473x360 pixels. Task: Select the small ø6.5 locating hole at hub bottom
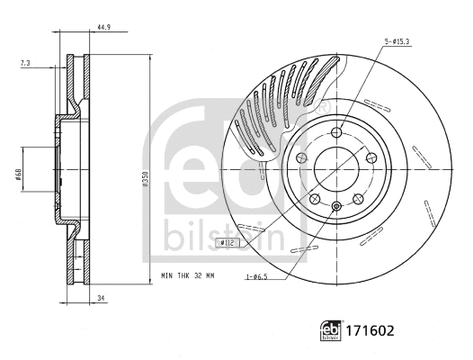click(x=335, y=208)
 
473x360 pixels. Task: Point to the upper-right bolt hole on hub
click(x=370, y=158)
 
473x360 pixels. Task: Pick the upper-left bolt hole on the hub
click(x=300, y=158)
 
